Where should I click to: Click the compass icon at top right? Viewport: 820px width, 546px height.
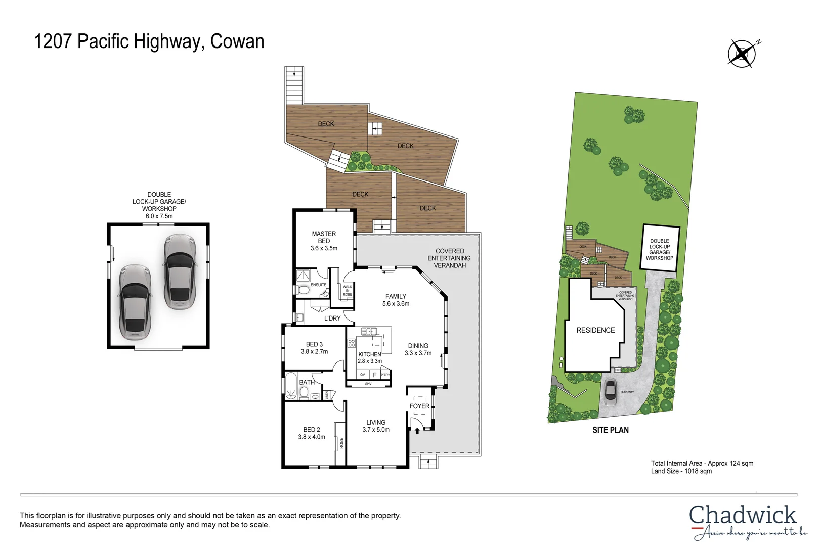point(742,54)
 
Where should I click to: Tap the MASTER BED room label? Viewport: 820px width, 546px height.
point(324,237)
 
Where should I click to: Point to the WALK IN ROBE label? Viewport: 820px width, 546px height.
point(348,291)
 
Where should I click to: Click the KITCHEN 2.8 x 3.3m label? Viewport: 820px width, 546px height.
point(370,358)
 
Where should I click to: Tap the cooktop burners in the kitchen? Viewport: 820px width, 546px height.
point(352,343)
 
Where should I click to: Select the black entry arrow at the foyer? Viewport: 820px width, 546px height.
point(417,431)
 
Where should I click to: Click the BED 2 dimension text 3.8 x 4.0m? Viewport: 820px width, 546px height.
point(312,437)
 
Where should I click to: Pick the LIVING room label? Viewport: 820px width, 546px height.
point(376,423)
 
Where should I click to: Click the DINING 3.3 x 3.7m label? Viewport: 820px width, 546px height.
point(418,349)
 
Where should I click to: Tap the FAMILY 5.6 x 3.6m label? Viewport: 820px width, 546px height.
point(396,300)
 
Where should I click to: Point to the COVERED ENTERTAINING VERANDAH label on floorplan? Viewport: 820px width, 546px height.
point(449,258)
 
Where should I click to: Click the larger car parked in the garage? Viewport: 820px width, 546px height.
point(180,271)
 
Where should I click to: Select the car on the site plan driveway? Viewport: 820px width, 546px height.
point(611,389)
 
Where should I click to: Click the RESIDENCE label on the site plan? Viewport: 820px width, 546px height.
point(595,330)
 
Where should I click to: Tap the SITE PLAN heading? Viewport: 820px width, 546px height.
point(611,430)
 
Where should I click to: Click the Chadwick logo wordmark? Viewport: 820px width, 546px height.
point(742,516)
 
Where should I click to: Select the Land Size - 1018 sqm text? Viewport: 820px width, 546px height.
point(681,471)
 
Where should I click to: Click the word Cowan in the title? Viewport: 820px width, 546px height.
point(237,41)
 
